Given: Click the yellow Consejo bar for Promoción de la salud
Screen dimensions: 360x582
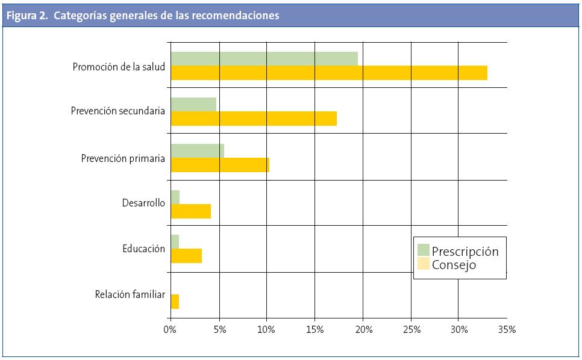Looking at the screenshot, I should click(x=329, y=73).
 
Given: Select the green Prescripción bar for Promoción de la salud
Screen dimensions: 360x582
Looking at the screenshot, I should click(x=264, y=58).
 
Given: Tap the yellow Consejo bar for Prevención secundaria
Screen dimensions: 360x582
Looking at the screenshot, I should click(x=254, y=119).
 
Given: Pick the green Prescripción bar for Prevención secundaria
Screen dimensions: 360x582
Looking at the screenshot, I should click(x=193, y=104).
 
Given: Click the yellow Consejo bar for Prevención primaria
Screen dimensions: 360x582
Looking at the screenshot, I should click(x=220, y=165).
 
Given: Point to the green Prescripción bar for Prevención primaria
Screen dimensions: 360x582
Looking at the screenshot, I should click(x=198, y=151).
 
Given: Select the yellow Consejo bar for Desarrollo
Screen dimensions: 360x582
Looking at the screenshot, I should click(x=191, y=211).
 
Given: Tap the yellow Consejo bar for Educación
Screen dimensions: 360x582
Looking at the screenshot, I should click(x=186, y=256).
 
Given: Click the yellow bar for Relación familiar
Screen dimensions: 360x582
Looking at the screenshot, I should click(x=175, y=302).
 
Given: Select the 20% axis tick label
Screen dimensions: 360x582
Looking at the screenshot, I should click(x=363, y=329).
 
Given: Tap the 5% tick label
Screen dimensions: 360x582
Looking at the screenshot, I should click(x=219, y=329).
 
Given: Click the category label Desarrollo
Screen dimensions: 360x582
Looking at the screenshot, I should click(x=143, y=203).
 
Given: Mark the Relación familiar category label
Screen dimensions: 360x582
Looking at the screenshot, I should click(x=130, y=294).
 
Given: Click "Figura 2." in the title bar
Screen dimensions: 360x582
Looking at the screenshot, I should click(x=27, y=16).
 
